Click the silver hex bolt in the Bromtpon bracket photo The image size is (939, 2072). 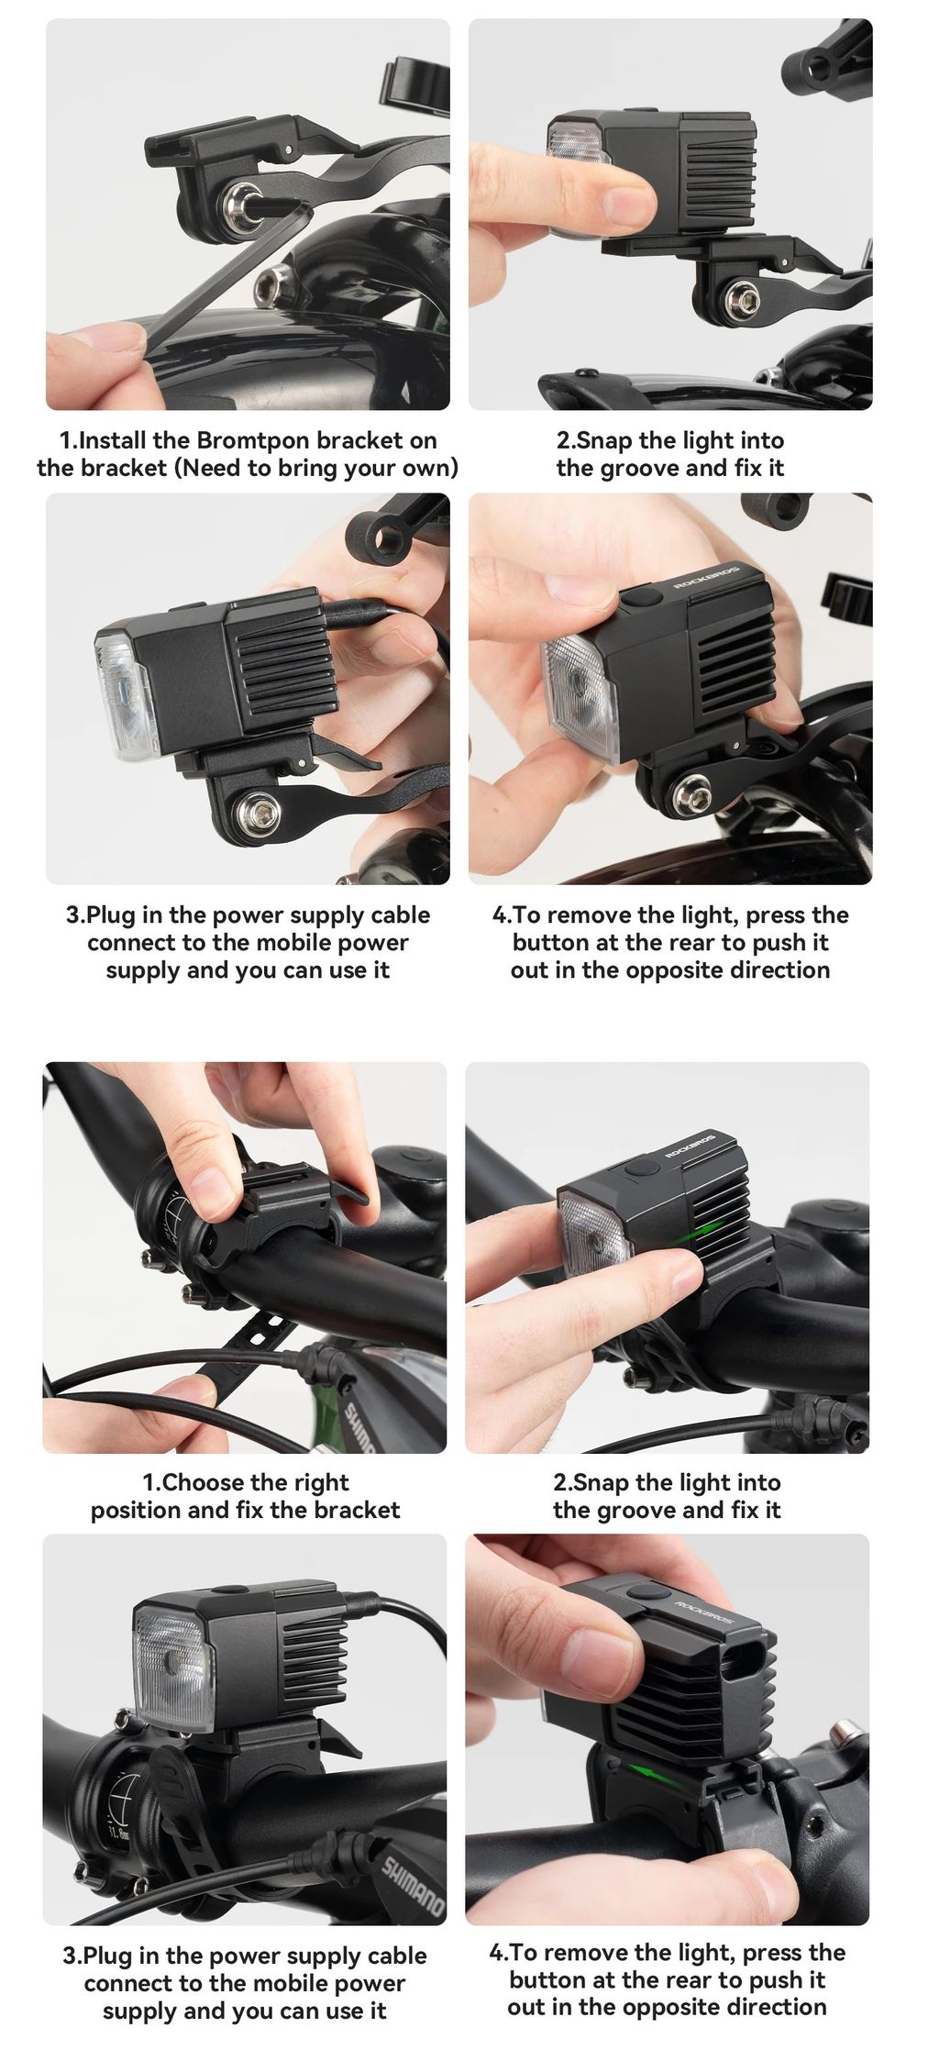pyautogui.click(x=245, y=198)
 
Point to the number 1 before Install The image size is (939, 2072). pyautogui.click(x=64, y=441)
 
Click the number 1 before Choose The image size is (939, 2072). pyautogui.click(x=148, y=1483)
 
